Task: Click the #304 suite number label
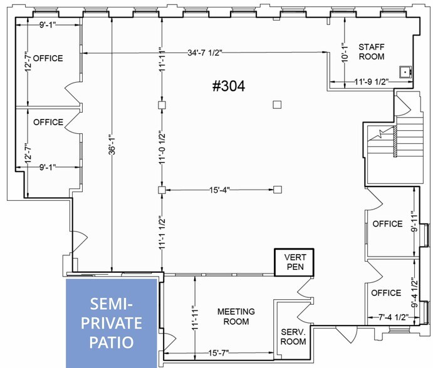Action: pos(229,86)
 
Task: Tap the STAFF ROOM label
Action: pos(372,52)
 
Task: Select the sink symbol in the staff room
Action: pos(405,72)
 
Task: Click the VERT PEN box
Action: pos(294,262)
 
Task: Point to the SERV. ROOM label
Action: pos(293,337)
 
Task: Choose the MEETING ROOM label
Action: pos(236,317)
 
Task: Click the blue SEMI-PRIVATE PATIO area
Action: pos(112,323)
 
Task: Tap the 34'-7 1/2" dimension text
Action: pos(205,53)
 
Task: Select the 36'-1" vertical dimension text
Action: pos(112,145)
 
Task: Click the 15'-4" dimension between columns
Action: pos(219,190)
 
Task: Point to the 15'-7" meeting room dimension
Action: pos(219,353)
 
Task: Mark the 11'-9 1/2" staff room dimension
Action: pos(372,81)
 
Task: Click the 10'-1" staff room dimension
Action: pos(345,53)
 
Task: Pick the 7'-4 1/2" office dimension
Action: pos(393,317)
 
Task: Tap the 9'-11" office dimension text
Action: pos(415,222)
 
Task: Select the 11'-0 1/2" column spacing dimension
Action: pos(162,148)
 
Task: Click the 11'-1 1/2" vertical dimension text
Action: pos(162,233)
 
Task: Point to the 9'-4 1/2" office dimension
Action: pos(415,292)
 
